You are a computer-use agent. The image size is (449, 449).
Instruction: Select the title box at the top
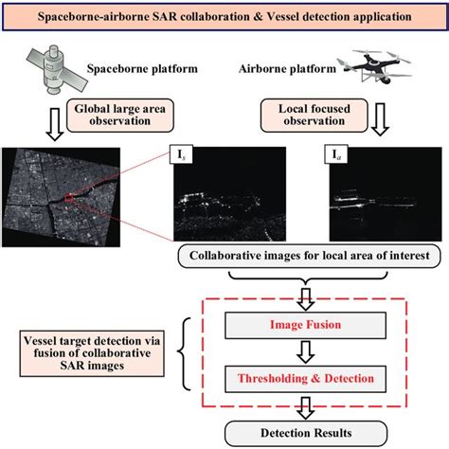pos(224,16)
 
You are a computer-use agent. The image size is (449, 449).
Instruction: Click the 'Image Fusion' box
pos(307,324)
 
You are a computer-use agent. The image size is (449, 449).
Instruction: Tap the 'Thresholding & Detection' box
pos(307,376)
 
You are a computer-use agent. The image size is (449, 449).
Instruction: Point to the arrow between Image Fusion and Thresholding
pos(307,350)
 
